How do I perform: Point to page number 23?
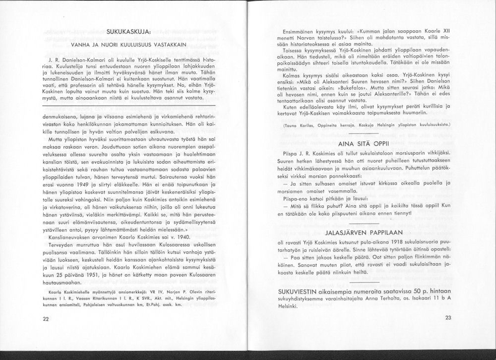(x=448, y=318)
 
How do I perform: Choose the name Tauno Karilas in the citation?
(x=299, y=126)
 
